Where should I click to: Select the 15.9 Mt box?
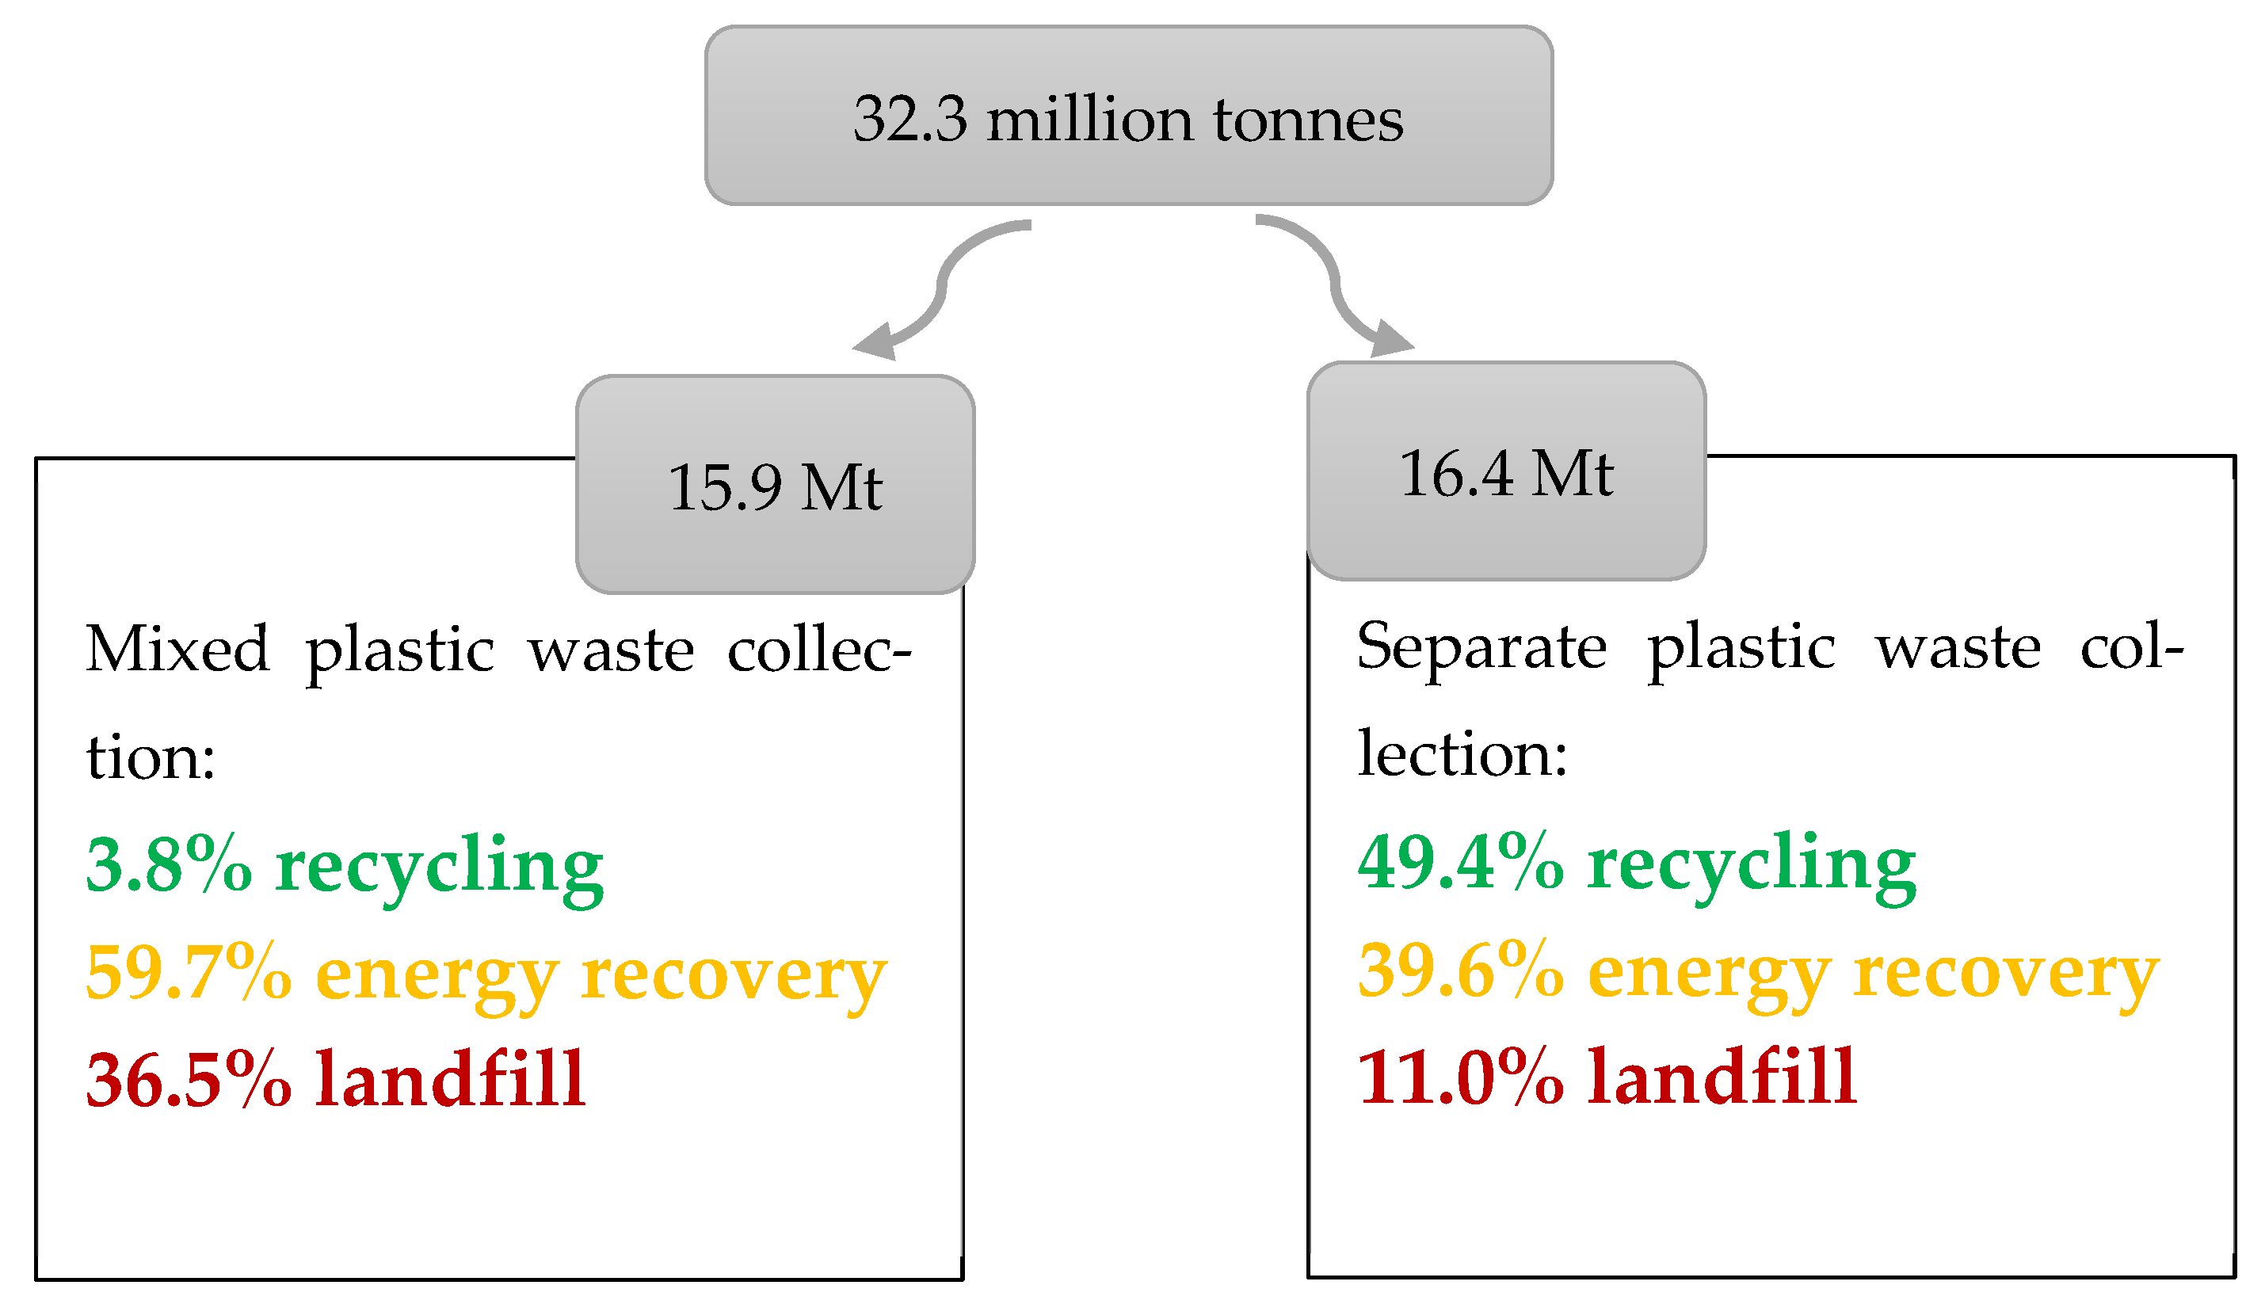775,485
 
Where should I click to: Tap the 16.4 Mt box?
1506,471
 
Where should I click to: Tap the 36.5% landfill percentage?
189,1079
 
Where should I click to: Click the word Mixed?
177,649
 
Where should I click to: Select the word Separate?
1481,646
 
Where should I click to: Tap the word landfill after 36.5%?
450,1079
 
